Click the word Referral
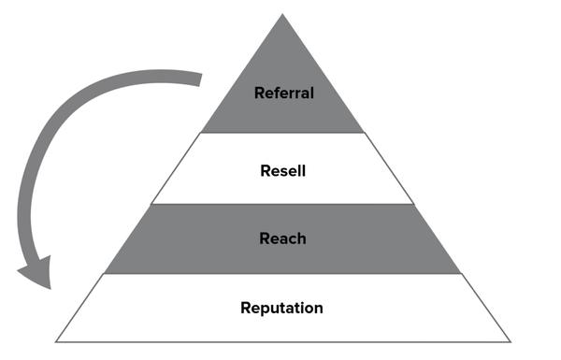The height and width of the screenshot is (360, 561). click(x=282, y=93)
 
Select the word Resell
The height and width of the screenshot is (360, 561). click(x=282, y=171)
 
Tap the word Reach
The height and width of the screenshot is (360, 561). click(x=282, y=238)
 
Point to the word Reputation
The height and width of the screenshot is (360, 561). click(x=282, y=308)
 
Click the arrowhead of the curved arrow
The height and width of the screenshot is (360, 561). click(x=35, y=276)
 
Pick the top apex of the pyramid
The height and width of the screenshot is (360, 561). click(x=282, y=14)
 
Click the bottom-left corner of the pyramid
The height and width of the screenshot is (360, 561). click(x=55, y=341)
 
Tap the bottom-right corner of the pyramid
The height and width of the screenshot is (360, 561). click(x=511, y=341)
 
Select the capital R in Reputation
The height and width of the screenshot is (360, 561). click(x=246, y=308)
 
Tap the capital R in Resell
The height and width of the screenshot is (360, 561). click(x=265, y=171)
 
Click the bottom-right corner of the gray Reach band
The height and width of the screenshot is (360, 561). click(x=462, y=273)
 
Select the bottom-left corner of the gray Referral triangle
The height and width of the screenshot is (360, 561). click(x=200, y=133)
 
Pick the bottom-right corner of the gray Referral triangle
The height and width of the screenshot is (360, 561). click(x=365, y=133)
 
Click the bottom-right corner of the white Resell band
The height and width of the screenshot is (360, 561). click(x=413, y=204)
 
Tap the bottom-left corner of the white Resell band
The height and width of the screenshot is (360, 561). click(x=151, y=204)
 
